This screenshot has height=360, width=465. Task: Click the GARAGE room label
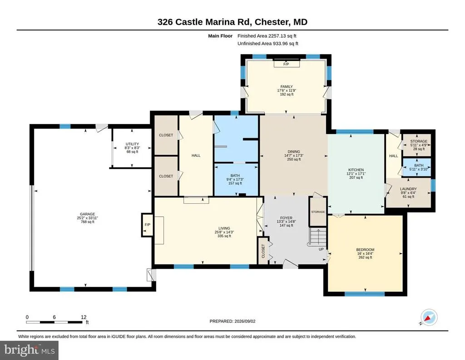(x=87, y=214)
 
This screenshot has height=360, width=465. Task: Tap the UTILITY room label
(x=132, y=144)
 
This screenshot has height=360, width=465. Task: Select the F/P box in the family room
(x=286, y=64)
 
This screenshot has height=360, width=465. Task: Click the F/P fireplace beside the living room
(x=148, y=225)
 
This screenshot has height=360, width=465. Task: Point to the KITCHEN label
(x=356, y=170)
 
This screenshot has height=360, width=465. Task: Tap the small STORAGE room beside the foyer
(x=318, y=212)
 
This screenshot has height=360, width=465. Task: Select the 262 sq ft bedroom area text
(x=365, y=257)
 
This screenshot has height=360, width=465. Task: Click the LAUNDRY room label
(x=408, y=189)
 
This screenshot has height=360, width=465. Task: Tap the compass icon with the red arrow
(x=430, y=317)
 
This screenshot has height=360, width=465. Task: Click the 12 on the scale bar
(x=84, y=317)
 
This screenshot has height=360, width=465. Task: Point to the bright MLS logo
(x=30, y=350)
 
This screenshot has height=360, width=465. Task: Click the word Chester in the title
(x=271, y=22)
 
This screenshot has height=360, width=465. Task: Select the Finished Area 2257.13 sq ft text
(x=267, y=36)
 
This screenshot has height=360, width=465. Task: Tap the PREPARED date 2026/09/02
(x=245, y=321)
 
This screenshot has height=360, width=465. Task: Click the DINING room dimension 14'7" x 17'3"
(x=294, y=155)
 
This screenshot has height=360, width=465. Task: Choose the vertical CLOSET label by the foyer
(x=263, y=251)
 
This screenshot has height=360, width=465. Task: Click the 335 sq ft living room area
(x=224, y=236)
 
